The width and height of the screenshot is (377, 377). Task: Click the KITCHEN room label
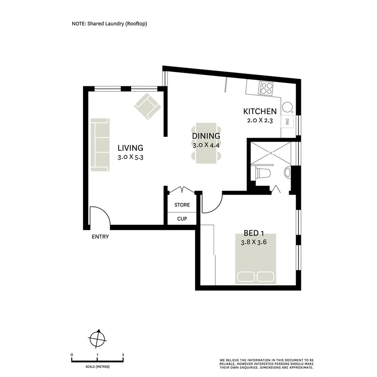pos(260,111)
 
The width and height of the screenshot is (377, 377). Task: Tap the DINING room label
pos(206,136)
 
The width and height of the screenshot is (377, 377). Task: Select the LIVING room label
pos(130,148)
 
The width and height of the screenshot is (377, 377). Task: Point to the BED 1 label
pos(256,233)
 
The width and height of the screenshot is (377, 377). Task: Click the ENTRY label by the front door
pos(100,237)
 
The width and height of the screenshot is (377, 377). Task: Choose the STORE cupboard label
pos(182,205)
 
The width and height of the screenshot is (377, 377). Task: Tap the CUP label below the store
pos(182,219)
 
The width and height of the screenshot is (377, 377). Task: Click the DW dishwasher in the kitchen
pos(287,122)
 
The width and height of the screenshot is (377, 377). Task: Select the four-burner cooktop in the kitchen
pos(266,88)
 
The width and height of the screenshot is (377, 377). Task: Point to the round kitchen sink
pos(287,107)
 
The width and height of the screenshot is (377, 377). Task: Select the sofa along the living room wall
pos(101,145)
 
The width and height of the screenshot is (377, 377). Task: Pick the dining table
pos(206,143)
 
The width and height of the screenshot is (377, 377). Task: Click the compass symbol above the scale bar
pos(98,337)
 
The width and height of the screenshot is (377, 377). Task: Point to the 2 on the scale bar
pos(123,355)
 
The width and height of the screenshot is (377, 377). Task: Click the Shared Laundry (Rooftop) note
pos(109,24)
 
